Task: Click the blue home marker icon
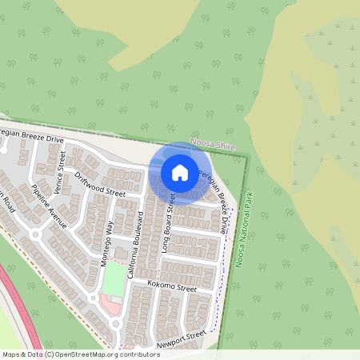180,172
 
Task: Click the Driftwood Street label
100,183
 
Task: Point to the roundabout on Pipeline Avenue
35,234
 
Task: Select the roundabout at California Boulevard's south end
117,323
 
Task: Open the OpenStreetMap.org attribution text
80,354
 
